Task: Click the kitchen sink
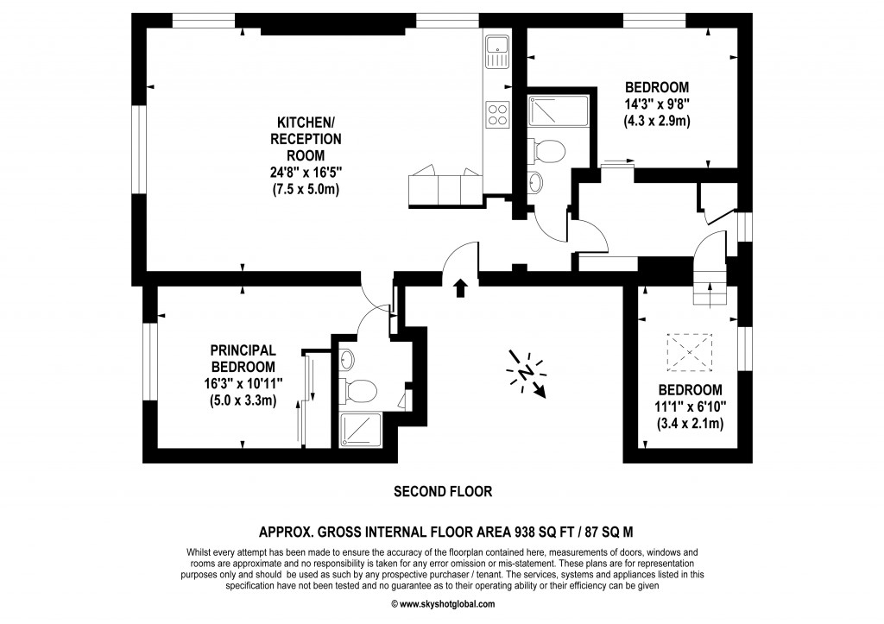point(497,53)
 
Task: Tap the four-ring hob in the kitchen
point(497,114)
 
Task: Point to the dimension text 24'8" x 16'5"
point(306,172)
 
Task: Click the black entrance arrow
point(460,287)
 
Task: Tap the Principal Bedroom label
point(243,358)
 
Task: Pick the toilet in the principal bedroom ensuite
point(358,390)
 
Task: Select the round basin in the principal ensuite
point(347,358)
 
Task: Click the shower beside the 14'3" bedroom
point(557,110)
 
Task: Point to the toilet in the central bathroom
point(547,150)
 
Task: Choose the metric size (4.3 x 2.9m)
point(657,121)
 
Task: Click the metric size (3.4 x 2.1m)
point(690,423)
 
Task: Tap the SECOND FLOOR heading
point(442,492)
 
